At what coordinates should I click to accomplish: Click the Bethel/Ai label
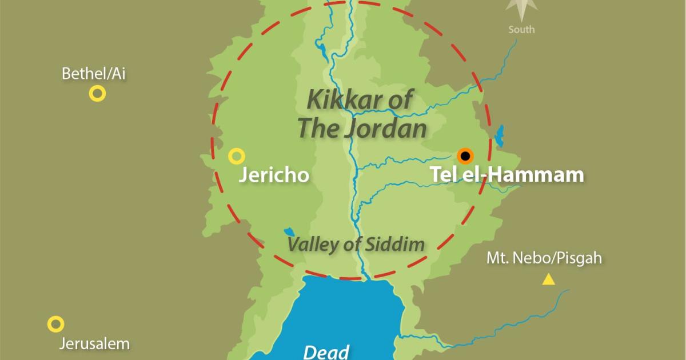pyautogui.click(x=93, y=74)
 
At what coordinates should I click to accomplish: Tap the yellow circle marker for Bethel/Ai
pyautogui.click(x=97, y=94)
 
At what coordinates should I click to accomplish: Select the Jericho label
pyautogui.click(x=273, y=175)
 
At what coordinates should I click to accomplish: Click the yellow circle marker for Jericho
pyautogui.click(x=236, y=155)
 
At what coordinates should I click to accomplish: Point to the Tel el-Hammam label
pyautogui.click(x=506, y=174)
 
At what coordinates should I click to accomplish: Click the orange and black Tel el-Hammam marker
pyautogui.click(x=465, y=155)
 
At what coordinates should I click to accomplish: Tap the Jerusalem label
pyautogui.click(x=94, y=344)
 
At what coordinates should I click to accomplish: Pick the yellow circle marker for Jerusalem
pyautogui.click(x=55, y=324)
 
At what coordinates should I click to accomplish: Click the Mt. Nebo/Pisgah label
pyautogui.click(x=544, y=258)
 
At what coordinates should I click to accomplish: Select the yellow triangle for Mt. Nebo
pyautogui.click(x=548, y=280)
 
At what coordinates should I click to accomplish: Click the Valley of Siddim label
pyautogui.click(x=356, y=245)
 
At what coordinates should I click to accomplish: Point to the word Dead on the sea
pyautogui.click(x=326, y=350)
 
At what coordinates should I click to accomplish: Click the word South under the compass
pyautogui.click(x=521, y=29)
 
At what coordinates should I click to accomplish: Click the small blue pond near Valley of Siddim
pyautogui.click(x=289, y=231)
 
